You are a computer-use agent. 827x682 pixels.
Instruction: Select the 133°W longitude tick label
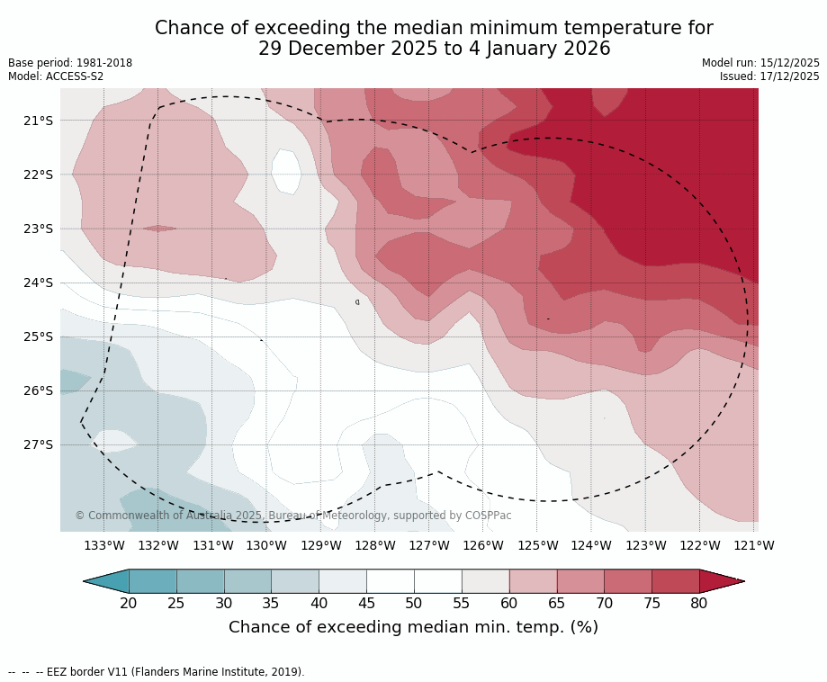104,545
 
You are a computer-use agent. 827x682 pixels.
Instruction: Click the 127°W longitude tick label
429,545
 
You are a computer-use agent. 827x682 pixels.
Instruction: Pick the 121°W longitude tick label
754,545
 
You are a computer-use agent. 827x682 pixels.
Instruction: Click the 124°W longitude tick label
591,545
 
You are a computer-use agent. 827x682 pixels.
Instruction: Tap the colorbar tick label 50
414,603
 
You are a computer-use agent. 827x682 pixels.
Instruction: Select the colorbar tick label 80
699,603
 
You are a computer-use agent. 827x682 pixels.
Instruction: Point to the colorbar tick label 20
129,603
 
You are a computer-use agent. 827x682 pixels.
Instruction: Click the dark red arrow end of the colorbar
720,581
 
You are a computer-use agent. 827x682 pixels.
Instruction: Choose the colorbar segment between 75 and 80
675,581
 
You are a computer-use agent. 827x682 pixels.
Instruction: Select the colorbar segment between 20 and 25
153,581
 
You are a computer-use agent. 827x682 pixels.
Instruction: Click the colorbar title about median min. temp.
413,627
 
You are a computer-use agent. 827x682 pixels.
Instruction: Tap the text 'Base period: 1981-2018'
70,63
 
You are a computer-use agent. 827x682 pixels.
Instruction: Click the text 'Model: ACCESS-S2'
56,76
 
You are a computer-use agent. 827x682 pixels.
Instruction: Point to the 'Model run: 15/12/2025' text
760,63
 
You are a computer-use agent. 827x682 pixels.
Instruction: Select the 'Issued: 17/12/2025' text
769,76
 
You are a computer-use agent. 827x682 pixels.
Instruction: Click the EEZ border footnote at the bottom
157,672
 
